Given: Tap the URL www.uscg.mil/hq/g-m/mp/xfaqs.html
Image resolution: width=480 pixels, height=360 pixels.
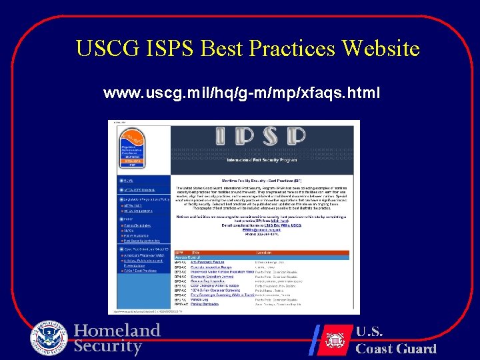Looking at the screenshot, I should pyautogui.click(x=241, y=94).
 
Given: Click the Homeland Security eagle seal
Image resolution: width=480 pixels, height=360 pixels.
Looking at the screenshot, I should pyautogui.click(x=49, y=337).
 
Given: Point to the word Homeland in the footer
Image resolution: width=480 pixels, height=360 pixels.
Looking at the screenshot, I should pyautogui.click(x=117, y=331).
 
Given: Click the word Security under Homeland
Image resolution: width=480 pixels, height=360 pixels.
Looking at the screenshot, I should pyautogui.click(x=107, y=346).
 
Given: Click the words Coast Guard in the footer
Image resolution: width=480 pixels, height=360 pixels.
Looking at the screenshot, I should pyautogui.click(x=395, y=348).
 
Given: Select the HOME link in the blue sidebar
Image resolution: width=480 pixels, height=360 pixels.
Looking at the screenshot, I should pyautogui.click(x=129, y=180).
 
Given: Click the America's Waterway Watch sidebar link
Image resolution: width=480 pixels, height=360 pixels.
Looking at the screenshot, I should pyautogui.click(x=143, y=256).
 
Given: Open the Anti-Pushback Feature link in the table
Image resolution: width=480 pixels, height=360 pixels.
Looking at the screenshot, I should pyautogui.click(x=209, y=263).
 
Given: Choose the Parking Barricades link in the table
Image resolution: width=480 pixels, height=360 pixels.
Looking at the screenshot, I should pyautogui.click(x=205, y=305).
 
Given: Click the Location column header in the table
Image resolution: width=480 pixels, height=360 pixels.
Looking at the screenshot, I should pyautogui.click(x=265, y=253).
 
